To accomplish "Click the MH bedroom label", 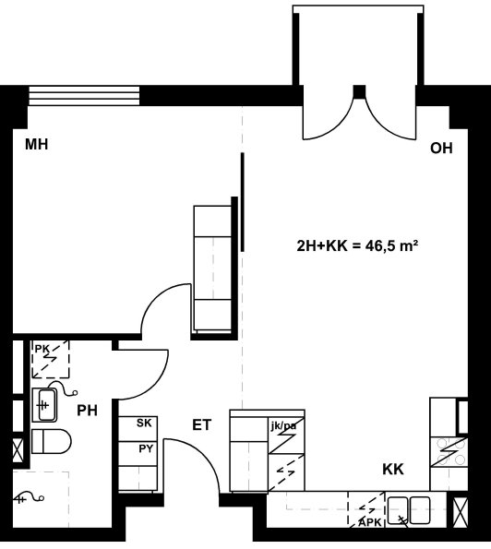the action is tap(36, 144).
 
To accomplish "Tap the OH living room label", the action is tap(441, 149).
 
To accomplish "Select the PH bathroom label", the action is tap(87, 411).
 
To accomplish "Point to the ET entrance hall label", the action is tap(202, 425).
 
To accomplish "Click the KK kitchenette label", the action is tap(393, 469).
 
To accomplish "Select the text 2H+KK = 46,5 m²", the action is tap(357, 245).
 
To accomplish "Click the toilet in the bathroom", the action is tap(52, 442).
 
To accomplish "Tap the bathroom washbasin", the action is tap(44, 405).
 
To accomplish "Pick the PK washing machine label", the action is tap(42, 349).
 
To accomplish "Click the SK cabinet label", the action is tap(144, 423).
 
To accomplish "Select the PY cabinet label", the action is tap(146, 448).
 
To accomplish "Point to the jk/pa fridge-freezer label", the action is tap(283, 425).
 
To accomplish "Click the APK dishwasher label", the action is tap(370, 523).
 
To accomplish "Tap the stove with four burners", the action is tap(449, 452).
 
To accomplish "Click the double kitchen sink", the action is tap(409, 510).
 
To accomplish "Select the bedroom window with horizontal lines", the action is tap(84, 96).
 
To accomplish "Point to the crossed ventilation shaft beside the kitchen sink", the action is tap(461, 512).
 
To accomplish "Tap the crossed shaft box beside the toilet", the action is tap(18, 450).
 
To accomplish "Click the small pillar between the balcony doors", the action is tap(359, 91).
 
